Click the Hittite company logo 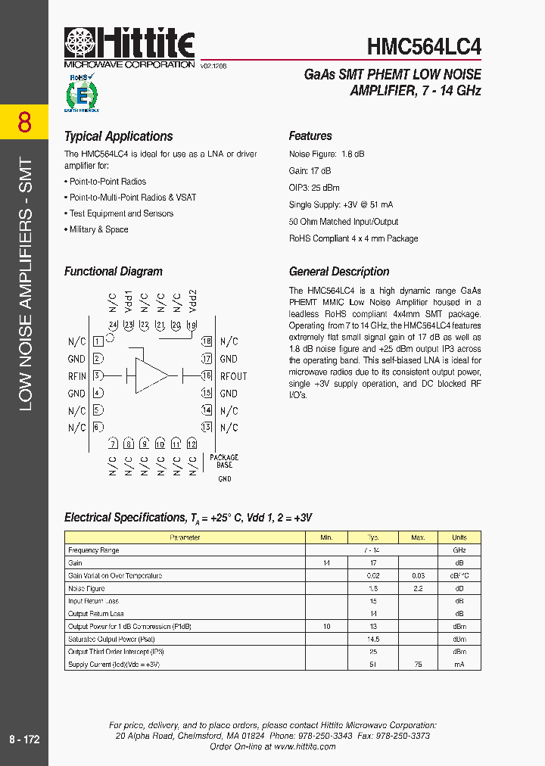tap(129, 47)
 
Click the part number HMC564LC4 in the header tap(424, 47)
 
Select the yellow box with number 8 tap(24, 122)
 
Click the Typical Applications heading tap(118, 136)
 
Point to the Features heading tap(310, 136)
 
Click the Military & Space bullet tap(98, 229)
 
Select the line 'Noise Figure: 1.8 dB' tap(326, 154)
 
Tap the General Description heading tap(339, 272)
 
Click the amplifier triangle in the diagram tap(151, 375)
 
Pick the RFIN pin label tap(77, 376)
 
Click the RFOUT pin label tap(234, 376)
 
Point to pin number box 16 tap(206, 375)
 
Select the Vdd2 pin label tap(193, 300)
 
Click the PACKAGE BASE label tap(224, 461)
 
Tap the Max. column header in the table tap(418, 537)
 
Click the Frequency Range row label tap(94, 550)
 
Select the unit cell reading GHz tap(459, 550)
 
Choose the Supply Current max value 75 tap(418, 665)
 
